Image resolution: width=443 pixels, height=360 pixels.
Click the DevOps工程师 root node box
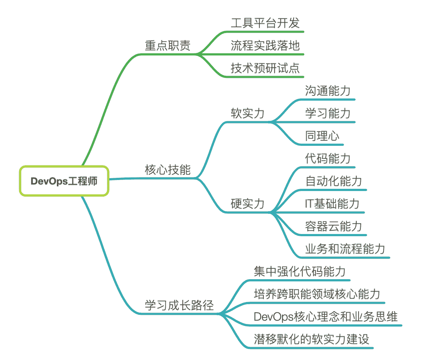pyautogui.click(x=64, y=181)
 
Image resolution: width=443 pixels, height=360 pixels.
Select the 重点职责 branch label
pyautogui.click(x=168, y=46)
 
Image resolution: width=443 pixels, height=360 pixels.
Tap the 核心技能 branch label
pyautogui.click(x=168, y=170)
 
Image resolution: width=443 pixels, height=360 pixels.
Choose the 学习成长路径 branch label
pyautogui.click(x=179, y=305)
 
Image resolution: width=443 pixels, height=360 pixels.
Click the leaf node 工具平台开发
pyautogui.click(x=265, y=23)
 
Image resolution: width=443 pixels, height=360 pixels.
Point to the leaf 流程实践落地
pyautogui.click(x=265, y=46)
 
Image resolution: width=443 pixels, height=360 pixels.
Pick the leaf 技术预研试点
pyautogui.click(x=265, y=68)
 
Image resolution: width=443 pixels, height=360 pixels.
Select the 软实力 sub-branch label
pyautogui.click(x=248, y=114)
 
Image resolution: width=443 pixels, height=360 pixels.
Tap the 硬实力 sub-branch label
pyautogui.click(x=248, y=204)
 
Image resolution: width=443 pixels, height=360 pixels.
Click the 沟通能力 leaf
pyautogui.click(x=328, y=91)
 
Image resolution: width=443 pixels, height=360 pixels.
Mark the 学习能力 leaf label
pyautogui.click(x=328, y=114)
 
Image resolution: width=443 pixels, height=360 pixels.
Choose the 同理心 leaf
pyautogui.click(x=322, y=136)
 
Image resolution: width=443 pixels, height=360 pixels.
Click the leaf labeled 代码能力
pyautogui.click(x=328, y=159)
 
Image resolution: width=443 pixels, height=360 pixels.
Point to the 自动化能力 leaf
pyautogui.click(x=334, y=181)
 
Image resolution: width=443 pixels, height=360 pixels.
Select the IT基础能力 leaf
pyautogui.click(x=332, y=204)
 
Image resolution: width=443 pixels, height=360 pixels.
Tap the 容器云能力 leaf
pyautogui.click(x=334, y=226)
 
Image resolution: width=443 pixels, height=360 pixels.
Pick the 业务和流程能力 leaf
pyautogui.click(x=345, y=249)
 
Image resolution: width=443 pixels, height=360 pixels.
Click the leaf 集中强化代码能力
pyautogui.click(x=300, y=271)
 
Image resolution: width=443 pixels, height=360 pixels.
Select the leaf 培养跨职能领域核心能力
pyautogui.click(x=317, y=294)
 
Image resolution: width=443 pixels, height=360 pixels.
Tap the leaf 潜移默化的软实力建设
pyautogui.click(x=311, y=339)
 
